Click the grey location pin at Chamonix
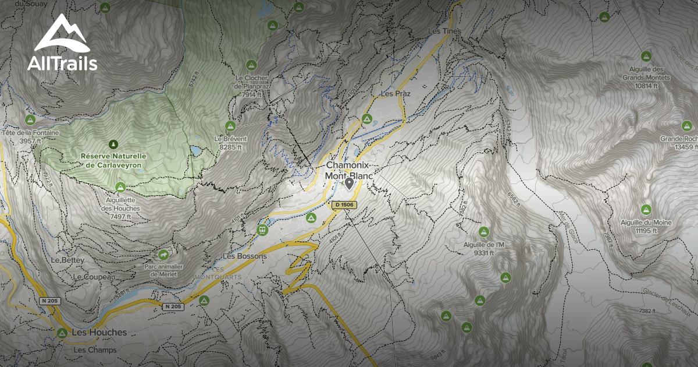coord(349,184)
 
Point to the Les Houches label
coord(99,333)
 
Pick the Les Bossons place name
coord(245,256)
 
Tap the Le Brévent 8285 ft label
coord(230,143)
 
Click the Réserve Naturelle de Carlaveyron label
coord(113,161)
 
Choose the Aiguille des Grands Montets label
coord(646,77)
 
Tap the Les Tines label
coord(444,31)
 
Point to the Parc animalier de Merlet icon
coord(163,255)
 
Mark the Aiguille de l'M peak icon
coord(484,231)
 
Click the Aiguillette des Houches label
coord(120,208)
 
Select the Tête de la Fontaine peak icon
coord(30,120)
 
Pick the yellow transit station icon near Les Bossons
coord(263,230)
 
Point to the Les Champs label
coord(95,350)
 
